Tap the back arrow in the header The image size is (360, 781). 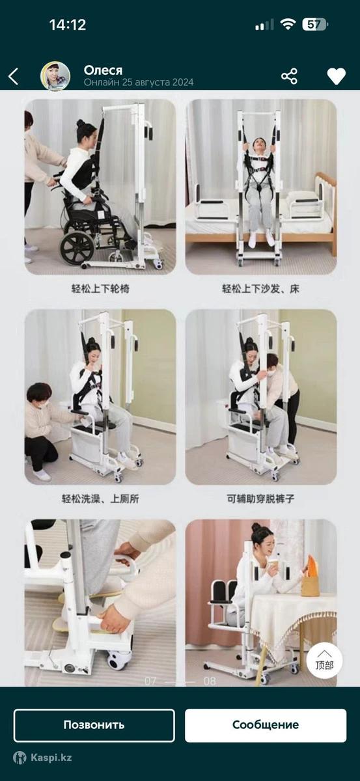point(13,76)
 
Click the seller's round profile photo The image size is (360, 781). point(55,76)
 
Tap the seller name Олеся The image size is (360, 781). point(103,70)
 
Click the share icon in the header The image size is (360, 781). point(289,76)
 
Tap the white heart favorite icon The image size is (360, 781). point(337,76)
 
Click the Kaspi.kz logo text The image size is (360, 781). point(51,758)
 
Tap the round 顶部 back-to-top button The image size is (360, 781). point(324,661)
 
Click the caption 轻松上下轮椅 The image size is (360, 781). point(100,289)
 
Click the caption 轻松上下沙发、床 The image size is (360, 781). point(260,289)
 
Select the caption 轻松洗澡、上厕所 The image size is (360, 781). point(100,499)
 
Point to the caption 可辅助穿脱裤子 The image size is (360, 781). point(260,499)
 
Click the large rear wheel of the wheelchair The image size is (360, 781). point(77,247)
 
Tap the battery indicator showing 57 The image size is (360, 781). point(315,25)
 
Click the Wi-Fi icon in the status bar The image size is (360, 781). point(288,25)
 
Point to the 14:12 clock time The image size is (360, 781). point(68,25)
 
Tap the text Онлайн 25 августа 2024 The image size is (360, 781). point(139,82)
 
